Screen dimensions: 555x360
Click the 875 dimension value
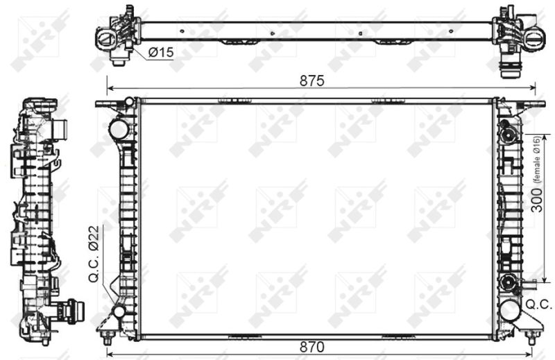point(311,80)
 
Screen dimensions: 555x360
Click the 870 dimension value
point(311,347)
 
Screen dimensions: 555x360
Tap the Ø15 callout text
point(162,53)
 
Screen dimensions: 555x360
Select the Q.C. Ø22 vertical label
point(94,254)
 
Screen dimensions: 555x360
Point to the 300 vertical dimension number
point(537,200)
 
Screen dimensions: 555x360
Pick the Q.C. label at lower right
point(539,305)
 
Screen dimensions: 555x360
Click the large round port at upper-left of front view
point(119,130)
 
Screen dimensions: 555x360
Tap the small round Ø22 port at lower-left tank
point(119,312)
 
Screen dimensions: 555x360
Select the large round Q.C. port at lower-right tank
point(510,310)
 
